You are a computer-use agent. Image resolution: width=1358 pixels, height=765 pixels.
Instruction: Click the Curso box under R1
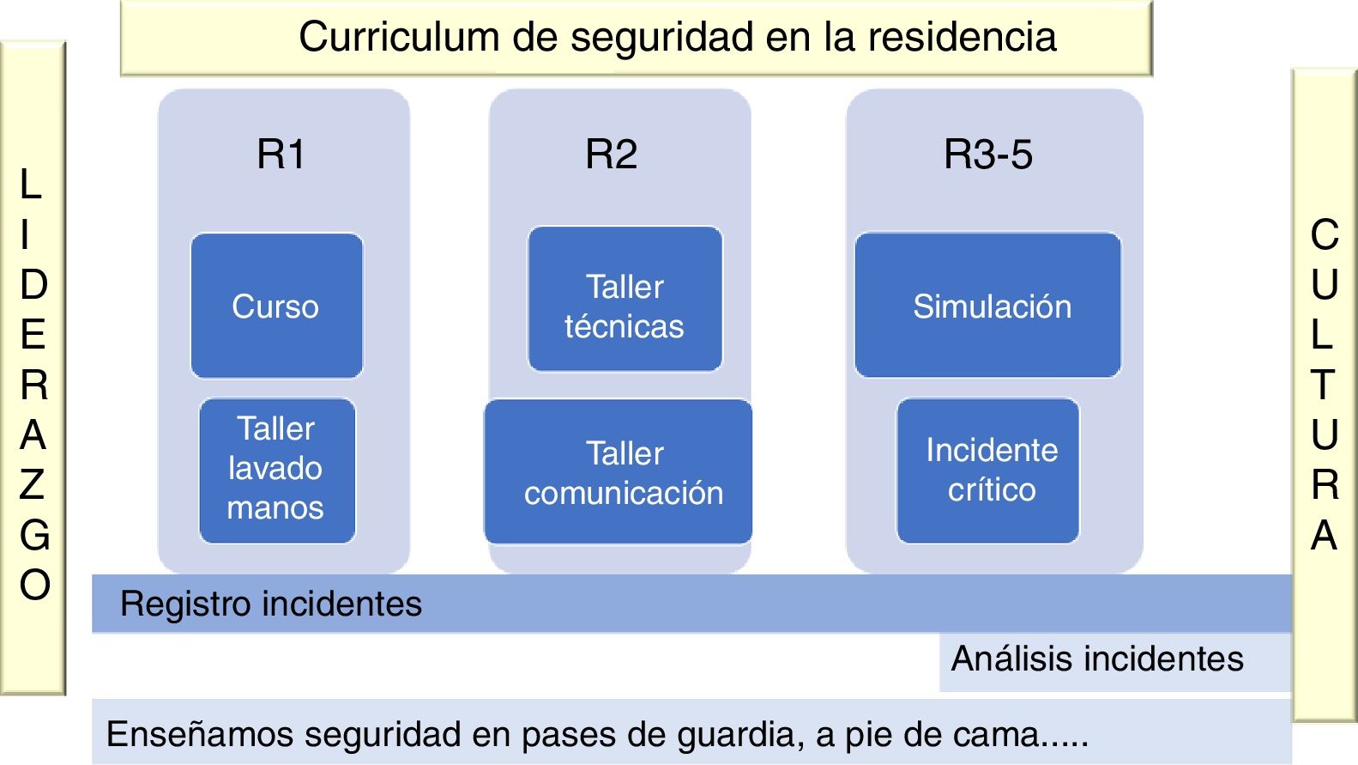(276, 307)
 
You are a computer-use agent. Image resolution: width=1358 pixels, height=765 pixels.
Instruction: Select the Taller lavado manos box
(276, 470)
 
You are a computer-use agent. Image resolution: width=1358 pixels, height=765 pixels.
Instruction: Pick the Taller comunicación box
(619, 471)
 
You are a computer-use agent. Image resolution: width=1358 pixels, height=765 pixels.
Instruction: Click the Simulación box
(988, 306)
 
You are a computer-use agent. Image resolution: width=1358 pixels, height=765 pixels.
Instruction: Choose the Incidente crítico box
(988, 470)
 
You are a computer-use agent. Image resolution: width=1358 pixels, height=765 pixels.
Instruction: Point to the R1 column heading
(281, 155)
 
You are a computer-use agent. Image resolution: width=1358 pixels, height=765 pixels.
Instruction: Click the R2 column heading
(611, 155)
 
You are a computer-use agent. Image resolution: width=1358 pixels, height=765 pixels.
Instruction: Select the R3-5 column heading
(988, 155)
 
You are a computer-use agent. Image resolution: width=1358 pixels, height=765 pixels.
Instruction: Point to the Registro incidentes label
(271, 604)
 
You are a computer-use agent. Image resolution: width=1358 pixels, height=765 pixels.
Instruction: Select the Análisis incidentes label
(1097, 659)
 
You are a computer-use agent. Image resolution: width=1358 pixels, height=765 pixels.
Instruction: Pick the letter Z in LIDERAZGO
(33, 485)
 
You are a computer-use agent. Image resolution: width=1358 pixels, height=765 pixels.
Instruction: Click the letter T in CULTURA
(1324, 385)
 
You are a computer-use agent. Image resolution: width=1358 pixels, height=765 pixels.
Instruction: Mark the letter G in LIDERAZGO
(34, 535)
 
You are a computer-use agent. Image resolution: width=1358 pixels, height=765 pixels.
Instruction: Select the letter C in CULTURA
(1325, 234)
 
